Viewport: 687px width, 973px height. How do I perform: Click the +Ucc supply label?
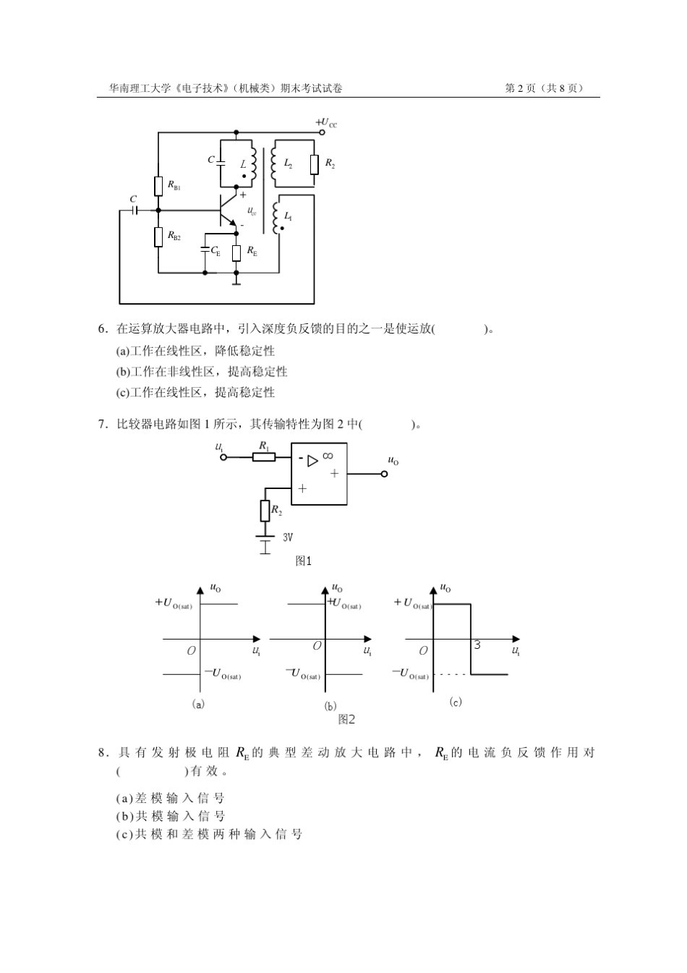coord(326,123)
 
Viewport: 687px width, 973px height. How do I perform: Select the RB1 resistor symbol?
coord(158,186)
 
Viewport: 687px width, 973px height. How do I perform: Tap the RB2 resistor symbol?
coord(158,236)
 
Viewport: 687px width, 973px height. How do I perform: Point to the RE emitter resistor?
coord(236,252)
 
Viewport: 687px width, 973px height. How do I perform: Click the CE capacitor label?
coord(215,251)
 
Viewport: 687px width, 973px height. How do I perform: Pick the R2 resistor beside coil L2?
coord(315,165)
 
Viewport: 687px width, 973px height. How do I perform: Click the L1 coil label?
coord(288,216)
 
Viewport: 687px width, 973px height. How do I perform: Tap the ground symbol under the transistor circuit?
coord(236,281)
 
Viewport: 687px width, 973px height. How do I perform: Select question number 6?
coord(103,329)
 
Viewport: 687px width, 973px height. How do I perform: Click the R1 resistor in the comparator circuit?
coord(265,457)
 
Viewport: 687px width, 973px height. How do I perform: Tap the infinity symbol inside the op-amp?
coord(328,456)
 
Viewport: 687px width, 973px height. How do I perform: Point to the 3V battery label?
coord(287,538)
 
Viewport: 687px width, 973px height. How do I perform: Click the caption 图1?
coord(304,561)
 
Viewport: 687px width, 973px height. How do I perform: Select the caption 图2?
coord(346,719)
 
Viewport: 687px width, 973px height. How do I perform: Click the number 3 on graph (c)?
coord(477,645)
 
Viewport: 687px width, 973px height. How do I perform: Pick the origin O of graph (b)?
coord(317,645)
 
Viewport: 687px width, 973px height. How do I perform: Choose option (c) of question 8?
coord(209,834)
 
